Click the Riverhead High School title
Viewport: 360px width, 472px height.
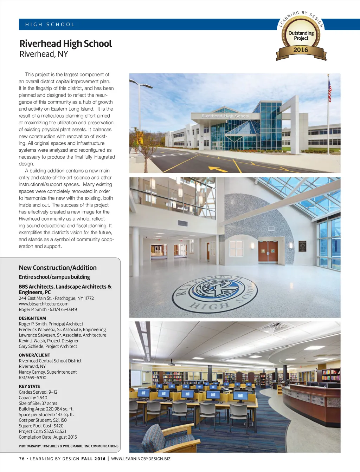coord(66,44)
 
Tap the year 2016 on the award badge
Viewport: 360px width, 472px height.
coord(301,50)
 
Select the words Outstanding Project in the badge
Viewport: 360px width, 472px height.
coord(301,35)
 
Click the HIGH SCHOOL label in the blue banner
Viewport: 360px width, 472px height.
coord(50,25)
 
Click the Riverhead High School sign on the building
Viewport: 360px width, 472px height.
coord(225,116)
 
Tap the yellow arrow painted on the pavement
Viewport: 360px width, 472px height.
coord(218,169)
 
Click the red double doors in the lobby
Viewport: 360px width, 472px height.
coord(268,252)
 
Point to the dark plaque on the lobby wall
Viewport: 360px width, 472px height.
coord(302,246)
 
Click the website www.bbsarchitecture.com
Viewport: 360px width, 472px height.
coord(44,304)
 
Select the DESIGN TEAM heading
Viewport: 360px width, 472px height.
coord(32,318)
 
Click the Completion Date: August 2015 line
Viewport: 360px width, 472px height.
coord(48,437)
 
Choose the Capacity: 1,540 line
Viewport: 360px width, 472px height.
coord(33,398)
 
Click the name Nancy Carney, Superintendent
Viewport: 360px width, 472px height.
coord(48,372)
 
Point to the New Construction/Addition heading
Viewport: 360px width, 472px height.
coord(58,268)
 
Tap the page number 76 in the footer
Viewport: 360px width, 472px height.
coord(22,459)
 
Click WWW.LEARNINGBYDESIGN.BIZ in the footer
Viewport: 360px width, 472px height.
coord(141,459)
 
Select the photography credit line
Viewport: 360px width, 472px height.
coord(69,446)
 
